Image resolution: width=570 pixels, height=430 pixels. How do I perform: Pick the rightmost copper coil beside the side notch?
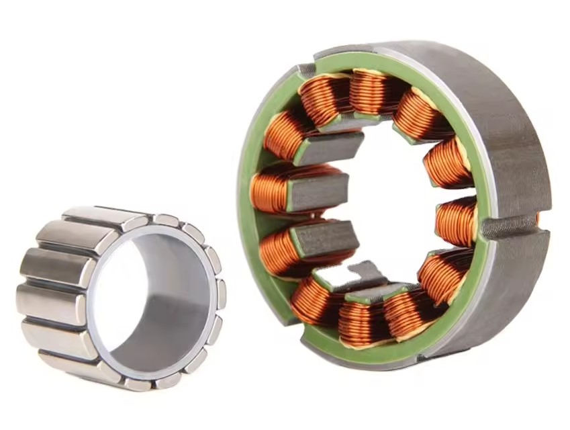[x=456, y=222]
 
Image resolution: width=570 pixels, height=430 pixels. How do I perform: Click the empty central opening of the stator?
[x=396, y=202]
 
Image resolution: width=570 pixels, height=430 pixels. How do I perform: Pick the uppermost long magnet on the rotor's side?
[x=101, y=218]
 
